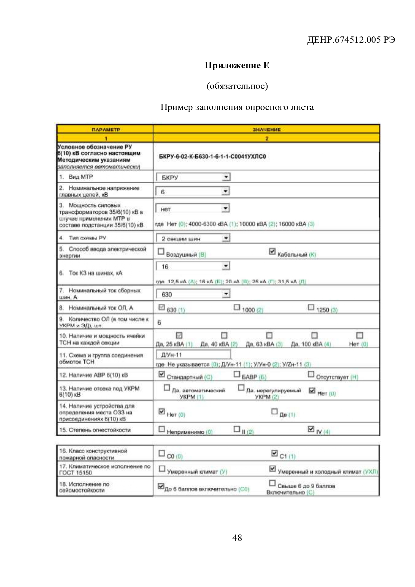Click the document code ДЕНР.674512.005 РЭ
pos(351,40)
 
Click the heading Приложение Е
pos(237,65)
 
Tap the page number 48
pos(237,537)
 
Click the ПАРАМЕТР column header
pos(106,129)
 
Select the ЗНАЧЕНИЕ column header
pos(266,129)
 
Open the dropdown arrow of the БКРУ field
pos(226,177)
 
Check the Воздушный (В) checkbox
pos(161,252)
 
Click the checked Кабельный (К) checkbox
pos(273,252)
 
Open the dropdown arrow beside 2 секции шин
pos(226,238)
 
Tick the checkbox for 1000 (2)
pos(237,307)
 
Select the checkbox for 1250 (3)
pos(311,307)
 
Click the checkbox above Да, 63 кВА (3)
pos(269,335)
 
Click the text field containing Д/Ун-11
pos(193,355)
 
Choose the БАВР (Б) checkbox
pos(237,374)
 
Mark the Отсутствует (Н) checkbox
pos(311,374)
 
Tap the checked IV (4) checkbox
pos(311,429)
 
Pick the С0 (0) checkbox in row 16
pos(162,453)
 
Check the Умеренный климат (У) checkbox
pos(162,469)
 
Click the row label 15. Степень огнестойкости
pos(95,430)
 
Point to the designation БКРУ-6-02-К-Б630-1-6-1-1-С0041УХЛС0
pos(212,157)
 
